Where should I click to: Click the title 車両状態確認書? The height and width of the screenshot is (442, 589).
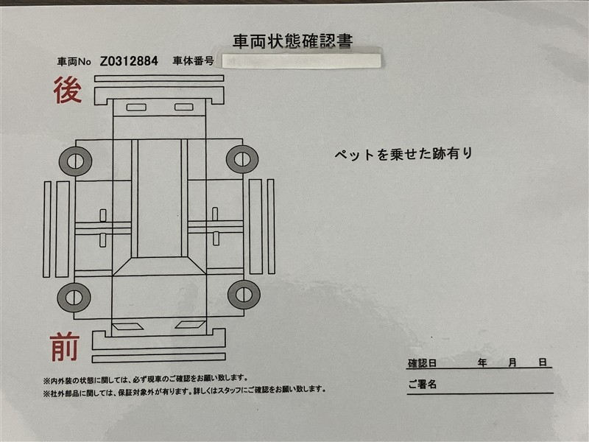292,41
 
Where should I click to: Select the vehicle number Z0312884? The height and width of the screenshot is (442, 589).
129,61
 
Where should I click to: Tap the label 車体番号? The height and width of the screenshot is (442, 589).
193,61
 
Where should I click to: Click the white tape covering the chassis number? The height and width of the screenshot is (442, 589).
302,61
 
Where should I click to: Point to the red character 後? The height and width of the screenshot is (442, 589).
68,90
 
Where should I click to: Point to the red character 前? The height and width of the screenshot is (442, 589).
65,346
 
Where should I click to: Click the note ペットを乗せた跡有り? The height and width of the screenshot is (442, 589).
403,154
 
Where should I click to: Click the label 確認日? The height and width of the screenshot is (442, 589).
422,363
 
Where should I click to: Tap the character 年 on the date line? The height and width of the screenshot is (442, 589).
482,362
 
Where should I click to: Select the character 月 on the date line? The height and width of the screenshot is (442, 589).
512,362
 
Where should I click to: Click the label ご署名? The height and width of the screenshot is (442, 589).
422,384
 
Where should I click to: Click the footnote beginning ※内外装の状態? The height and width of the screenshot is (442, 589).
145,379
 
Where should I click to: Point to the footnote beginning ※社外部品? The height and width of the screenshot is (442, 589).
184,391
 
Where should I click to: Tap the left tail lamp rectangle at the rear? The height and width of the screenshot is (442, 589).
136,108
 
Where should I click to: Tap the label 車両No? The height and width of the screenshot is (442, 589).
74,62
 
